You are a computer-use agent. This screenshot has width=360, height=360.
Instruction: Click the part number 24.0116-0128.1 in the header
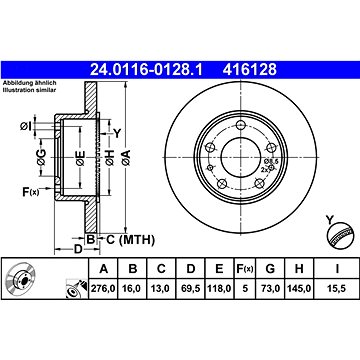click(146, 70)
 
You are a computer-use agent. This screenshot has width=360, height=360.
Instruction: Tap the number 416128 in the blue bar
click(250, 70)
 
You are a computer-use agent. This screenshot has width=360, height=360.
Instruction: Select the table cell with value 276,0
click(103, 288)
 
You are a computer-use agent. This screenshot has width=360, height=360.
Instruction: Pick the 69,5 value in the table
click(190, 288)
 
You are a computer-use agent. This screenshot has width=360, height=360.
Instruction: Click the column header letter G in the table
click(270, 269)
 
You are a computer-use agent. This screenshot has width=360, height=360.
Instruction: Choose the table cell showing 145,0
click(298, 288)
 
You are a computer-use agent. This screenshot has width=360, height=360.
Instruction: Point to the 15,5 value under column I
click(337, 288)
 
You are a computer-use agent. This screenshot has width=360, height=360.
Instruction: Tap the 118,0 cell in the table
click(219, 288)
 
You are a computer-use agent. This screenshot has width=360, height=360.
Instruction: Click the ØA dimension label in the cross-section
click(127, 158)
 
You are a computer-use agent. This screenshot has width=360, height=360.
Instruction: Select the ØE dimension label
click(80, 158)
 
